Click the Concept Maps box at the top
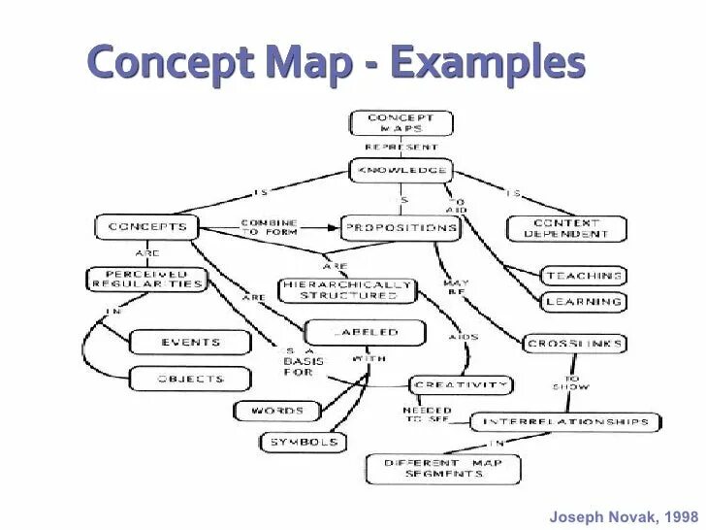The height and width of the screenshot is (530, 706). (401, 123)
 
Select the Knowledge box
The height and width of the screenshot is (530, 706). (401, 170)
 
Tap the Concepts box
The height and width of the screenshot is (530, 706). (146, 227)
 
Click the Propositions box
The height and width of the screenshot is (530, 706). (400, 228)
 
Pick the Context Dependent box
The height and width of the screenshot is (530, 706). (566, 228)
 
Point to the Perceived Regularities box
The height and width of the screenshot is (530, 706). (146, 280)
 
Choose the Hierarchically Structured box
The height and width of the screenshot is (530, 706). (347, 289)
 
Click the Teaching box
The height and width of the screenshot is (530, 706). (583, 276)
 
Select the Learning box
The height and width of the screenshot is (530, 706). (583, 302)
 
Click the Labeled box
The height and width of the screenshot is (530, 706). (366, 332)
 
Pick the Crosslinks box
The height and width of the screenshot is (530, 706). (575, 344)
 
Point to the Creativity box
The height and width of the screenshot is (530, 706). (461, 385)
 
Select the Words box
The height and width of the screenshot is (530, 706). (276, 411)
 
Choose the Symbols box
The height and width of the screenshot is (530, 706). (303, 442)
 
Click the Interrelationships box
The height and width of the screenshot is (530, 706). (565, 422)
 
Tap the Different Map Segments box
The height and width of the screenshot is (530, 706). (443, 468)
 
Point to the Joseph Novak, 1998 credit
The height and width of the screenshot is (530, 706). (624, 516)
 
